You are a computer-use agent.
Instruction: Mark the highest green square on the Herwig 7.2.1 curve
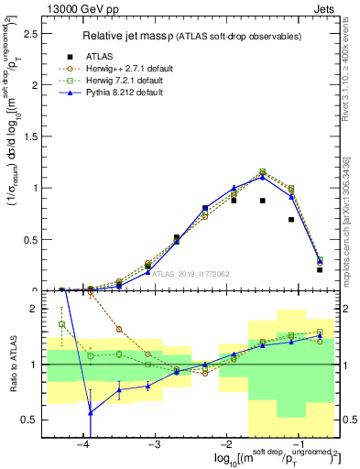[263, 171]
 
